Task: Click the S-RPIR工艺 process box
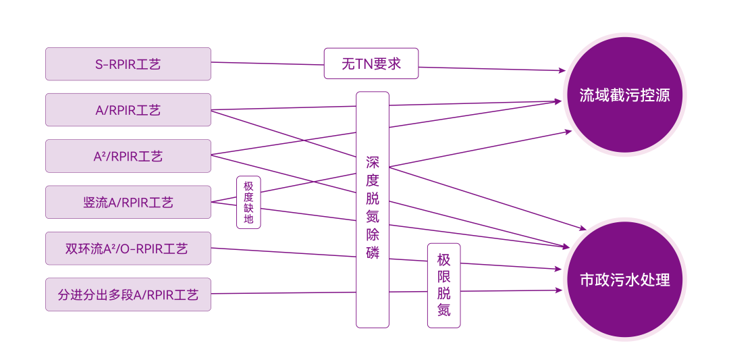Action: click(128, 64)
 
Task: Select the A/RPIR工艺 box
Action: click(128, 110)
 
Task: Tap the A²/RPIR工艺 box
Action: click(128, 156)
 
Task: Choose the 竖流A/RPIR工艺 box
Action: click(128, 202)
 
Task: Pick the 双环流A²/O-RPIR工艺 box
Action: click(128, 249)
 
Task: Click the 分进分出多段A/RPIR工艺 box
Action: click(128, 294)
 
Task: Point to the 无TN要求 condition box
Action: click(371, 64)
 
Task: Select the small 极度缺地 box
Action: click(248, 202)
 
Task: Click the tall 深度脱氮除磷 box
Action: click(373, 209)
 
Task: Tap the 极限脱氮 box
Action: click(443, 285)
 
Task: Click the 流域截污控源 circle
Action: click(624, 95)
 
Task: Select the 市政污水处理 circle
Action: click(624, 280)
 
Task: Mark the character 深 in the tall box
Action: click(373, 162)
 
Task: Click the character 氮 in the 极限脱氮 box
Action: click(443, 311)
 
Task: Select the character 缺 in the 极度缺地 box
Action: click(248, 208)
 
